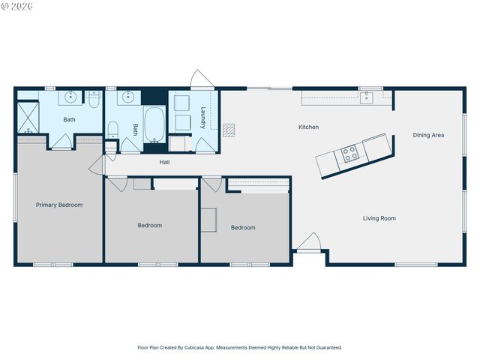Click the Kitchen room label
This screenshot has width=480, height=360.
[x=308, y=127]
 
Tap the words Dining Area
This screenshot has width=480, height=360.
[x=428, y=135]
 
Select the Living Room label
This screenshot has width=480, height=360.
[x=379, y=218]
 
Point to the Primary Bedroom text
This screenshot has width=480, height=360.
[x=59, y=205]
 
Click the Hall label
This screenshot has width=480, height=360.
[x=166, y=161]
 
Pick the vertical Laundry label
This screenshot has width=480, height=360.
[x=203, y=118]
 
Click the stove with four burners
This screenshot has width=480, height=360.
[x=349, y=154]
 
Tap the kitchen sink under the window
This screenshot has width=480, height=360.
[x=367, y=97]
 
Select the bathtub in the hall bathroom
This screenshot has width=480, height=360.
[x=154, y=124]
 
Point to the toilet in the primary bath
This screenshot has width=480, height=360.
[x=94, y=96]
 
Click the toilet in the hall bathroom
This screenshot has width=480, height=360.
[x=112, y=130]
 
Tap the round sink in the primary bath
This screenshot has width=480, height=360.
[x=71, y=97]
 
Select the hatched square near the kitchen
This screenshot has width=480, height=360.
[x=229, y=130]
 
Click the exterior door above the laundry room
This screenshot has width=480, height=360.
[x=201, y=80]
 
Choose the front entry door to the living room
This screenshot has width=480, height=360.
[x=308, y=243]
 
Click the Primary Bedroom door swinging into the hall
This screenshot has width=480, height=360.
[x=96, y=165]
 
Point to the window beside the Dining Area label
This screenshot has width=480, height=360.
[x=464, y=135]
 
